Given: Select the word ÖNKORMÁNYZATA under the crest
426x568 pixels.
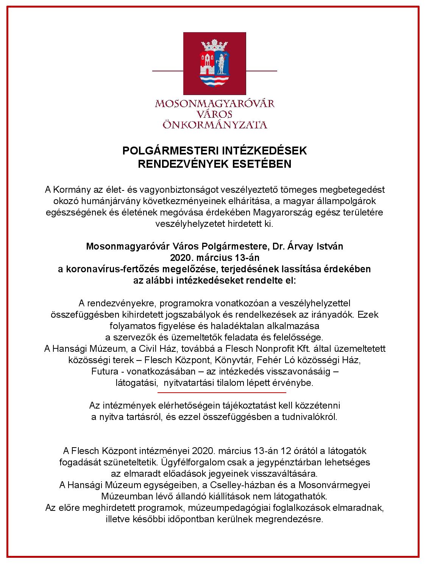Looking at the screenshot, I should [x=214, y=125].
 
